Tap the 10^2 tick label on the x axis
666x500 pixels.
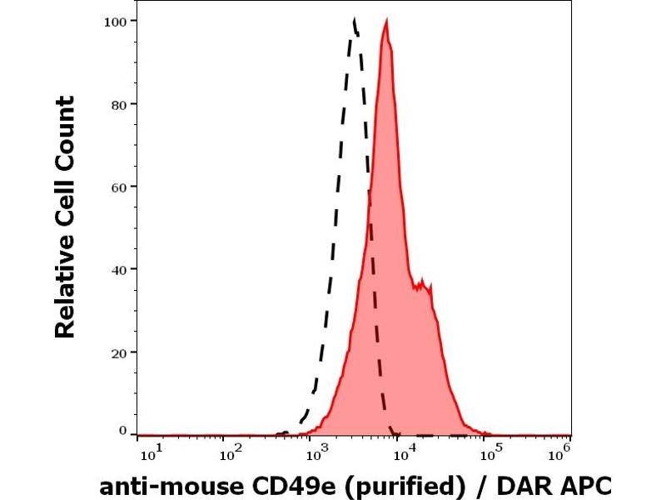(x=231, y=452)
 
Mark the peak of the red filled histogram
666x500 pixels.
(x=386, y=22)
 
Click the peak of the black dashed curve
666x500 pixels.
(x=354, y=20)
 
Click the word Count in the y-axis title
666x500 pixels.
(x=65, y=132)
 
